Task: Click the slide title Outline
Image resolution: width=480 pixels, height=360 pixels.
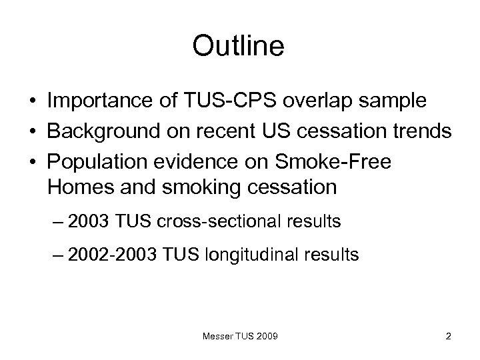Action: [x=238, y=46]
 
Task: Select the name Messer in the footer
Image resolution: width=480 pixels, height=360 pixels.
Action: [x=217, y=337]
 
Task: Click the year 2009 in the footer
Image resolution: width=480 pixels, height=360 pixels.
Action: [x=267, y=337]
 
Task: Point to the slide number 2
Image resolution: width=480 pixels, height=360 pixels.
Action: [x=448, y=337]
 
